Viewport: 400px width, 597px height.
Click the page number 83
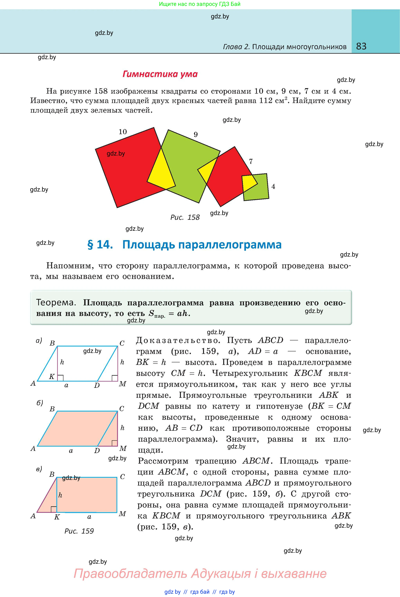(x=361, y=46)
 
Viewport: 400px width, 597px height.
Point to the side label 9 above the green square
(x=196, y=134)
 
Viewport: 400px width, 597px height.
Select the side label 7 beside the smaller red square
(x=251, y=161)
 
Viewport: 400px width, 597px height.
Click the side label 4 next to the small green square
(x=273, y=186)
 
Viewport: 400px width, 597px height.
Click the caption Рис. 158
(x=185, y=217)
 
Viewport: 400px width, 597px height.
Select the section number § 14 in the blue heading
(x=100, y=245)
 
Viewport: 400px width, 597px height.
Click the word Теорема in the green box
(x=56, y=303)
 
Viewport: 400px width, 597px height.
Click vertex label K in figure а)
(x=52, y=377)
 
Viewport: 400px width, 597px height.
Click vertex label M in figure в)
(x=122, y=514)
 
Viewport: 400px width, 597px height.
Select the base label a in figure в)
(x=89, y=517)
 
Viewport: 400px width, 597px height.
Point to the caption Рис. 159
(x=79, y=531)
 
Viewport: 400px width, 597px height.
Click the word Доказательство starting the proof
(x=178, y=340)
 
